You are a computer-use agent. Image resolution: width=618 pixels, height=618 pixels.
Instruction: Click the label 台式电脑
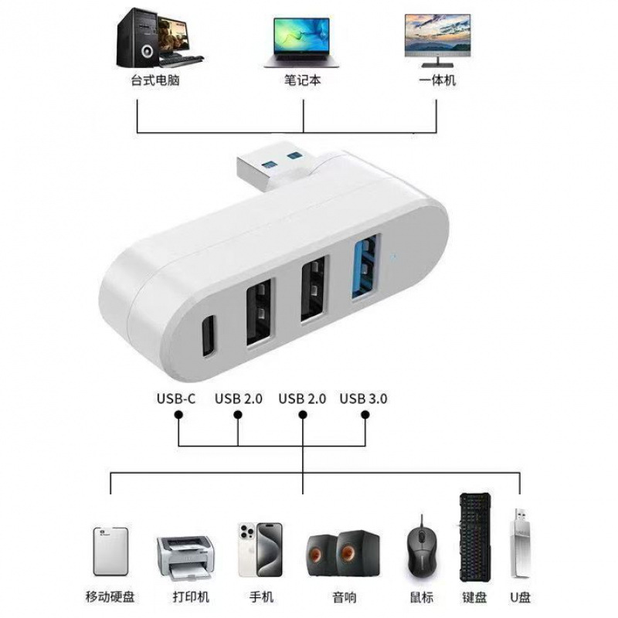coord(154,80)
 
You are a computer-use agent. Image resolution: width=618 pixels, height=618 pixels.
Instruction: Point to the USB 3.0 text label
coord(362,399)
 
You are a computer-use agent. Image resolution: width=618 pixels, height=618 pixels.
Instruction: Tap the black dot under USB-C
coord(178,415)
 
